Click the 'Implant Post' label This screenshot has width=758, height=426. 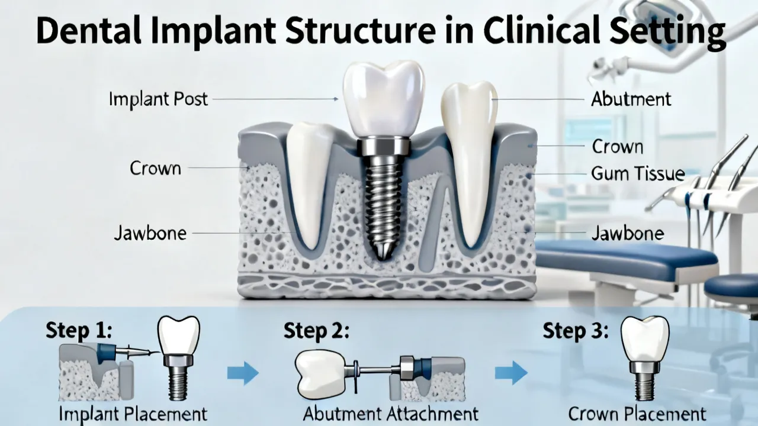pos(158,99)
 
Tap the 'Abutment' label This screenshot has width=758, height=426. pos(631,99)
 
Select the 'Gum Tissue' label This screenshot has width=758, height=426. pos(638,174)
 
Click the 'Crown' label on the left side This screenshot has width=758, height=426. pos(155,168)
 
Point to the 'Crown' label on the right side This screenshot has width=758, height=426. pos(618,147)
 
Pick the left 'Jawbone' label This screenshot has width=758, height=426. pos(150,233)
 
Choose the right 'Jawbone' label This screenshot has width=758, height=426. pos(628,233)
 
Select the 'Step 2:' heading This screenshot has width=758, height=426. pos(316,330)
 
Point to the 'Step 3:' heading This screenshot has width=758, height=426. pos(576,330)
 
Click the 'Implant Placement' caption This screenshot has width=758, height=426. pos(133,414)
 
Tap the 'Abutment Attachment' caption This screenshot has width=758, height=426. pos(390,414)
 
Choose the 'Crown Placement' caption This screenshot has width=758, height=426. pos(637,414)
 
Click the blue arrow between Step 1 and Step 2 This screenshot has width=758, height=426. pos(243,373)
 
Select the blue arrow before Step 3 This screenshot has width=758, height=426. pos(511,373)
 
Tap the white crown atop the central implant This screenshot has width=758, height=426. pos(383,100)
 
